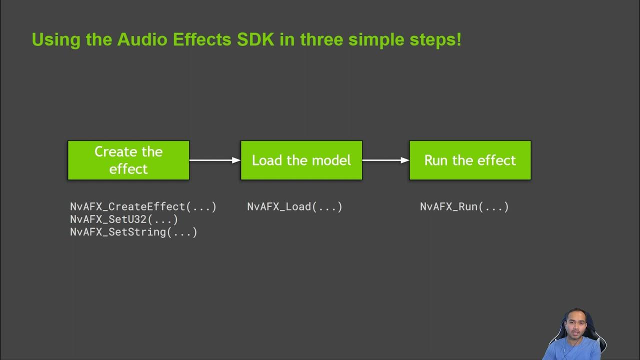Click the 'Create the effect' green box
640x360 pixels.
click(128, 160)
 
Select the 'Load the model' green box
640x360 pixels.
click(301, 160)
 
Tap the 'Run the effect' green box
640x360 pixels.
click(470, 160)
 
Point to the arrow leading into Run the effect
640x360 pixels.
click(385, 160)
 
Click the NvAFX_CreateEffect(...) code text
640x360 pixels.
click(143, 207)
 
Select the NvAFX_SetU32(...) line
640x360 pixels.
click(124, 219)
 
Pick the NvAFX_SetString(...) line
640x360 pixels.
click(133, 232)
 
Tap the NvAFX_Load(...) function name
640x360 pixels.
click(294, 207)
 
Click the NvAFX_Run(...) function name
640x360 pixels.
click(464, 207)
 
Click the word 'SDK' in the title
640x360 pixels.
click(255, 39)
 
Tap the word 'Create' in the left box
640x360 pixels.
click(115, 151)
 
